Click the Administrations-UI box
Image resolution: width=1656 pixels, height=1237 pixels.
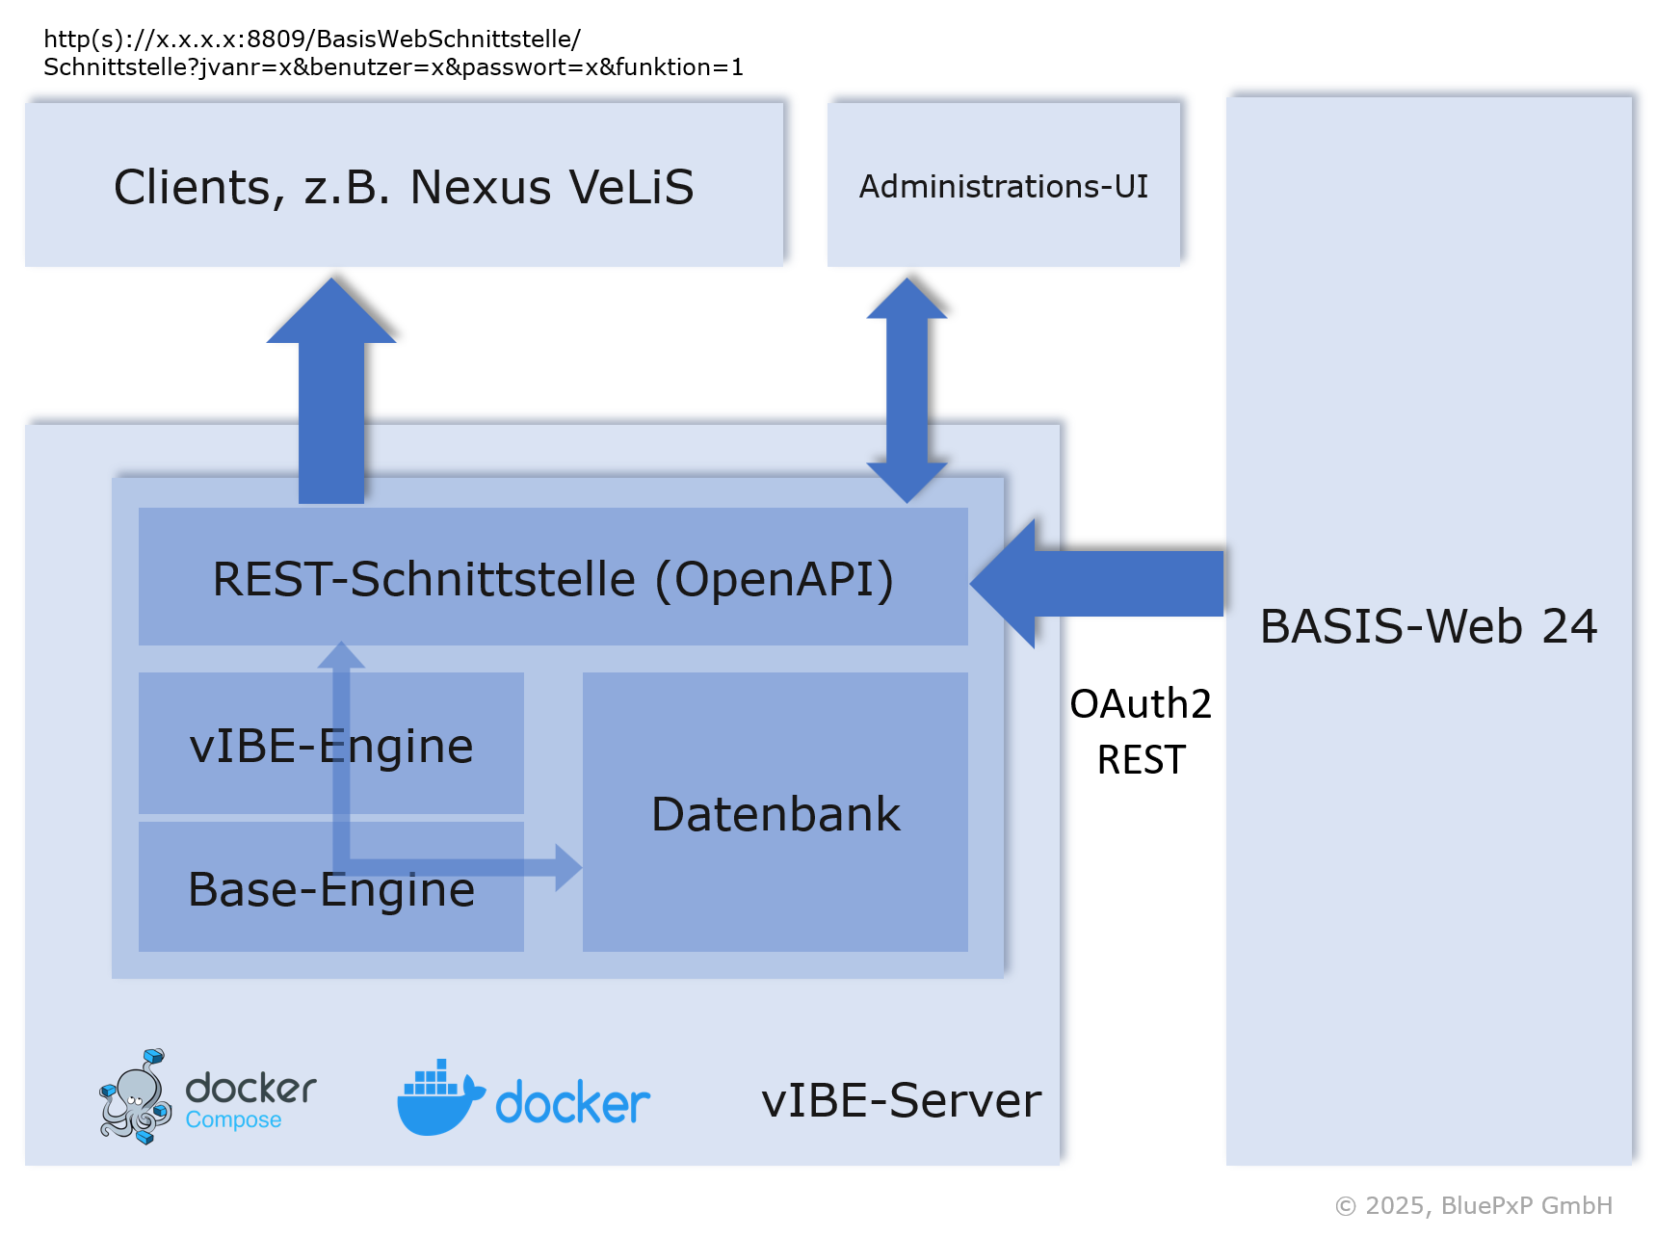[1003, 185]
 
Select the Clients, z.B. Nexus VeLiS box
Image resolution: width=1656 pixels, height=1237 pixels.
[404, 186]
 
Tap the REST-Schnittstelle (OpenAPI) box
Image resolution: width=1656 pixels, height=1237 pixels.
[553, 578]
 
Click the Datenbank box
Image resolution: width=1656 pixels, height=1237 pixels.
[775, 814]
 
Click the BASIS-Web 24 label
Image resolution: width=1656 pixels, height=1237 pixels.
[1428, 626]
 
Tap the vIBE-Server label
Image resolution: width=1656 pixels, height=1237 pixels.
[901, 1100]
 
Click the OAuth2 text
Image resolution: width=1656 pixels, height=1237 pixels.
[1141, 704]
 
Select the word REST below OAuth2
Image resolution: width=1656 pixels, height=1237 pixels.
[1141, 760]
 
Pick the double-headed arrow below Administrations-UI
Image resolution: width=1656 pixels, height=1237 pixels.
[907, 390]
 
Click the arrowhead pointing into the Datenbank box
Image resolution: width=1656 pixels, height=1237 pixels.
[568, 867]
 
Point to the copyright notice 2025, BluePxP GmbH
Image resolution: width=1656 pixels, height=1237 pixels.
[1473, 1205]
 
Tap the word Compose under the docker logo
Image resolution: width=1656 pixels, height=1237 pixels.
[233, 1119]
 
